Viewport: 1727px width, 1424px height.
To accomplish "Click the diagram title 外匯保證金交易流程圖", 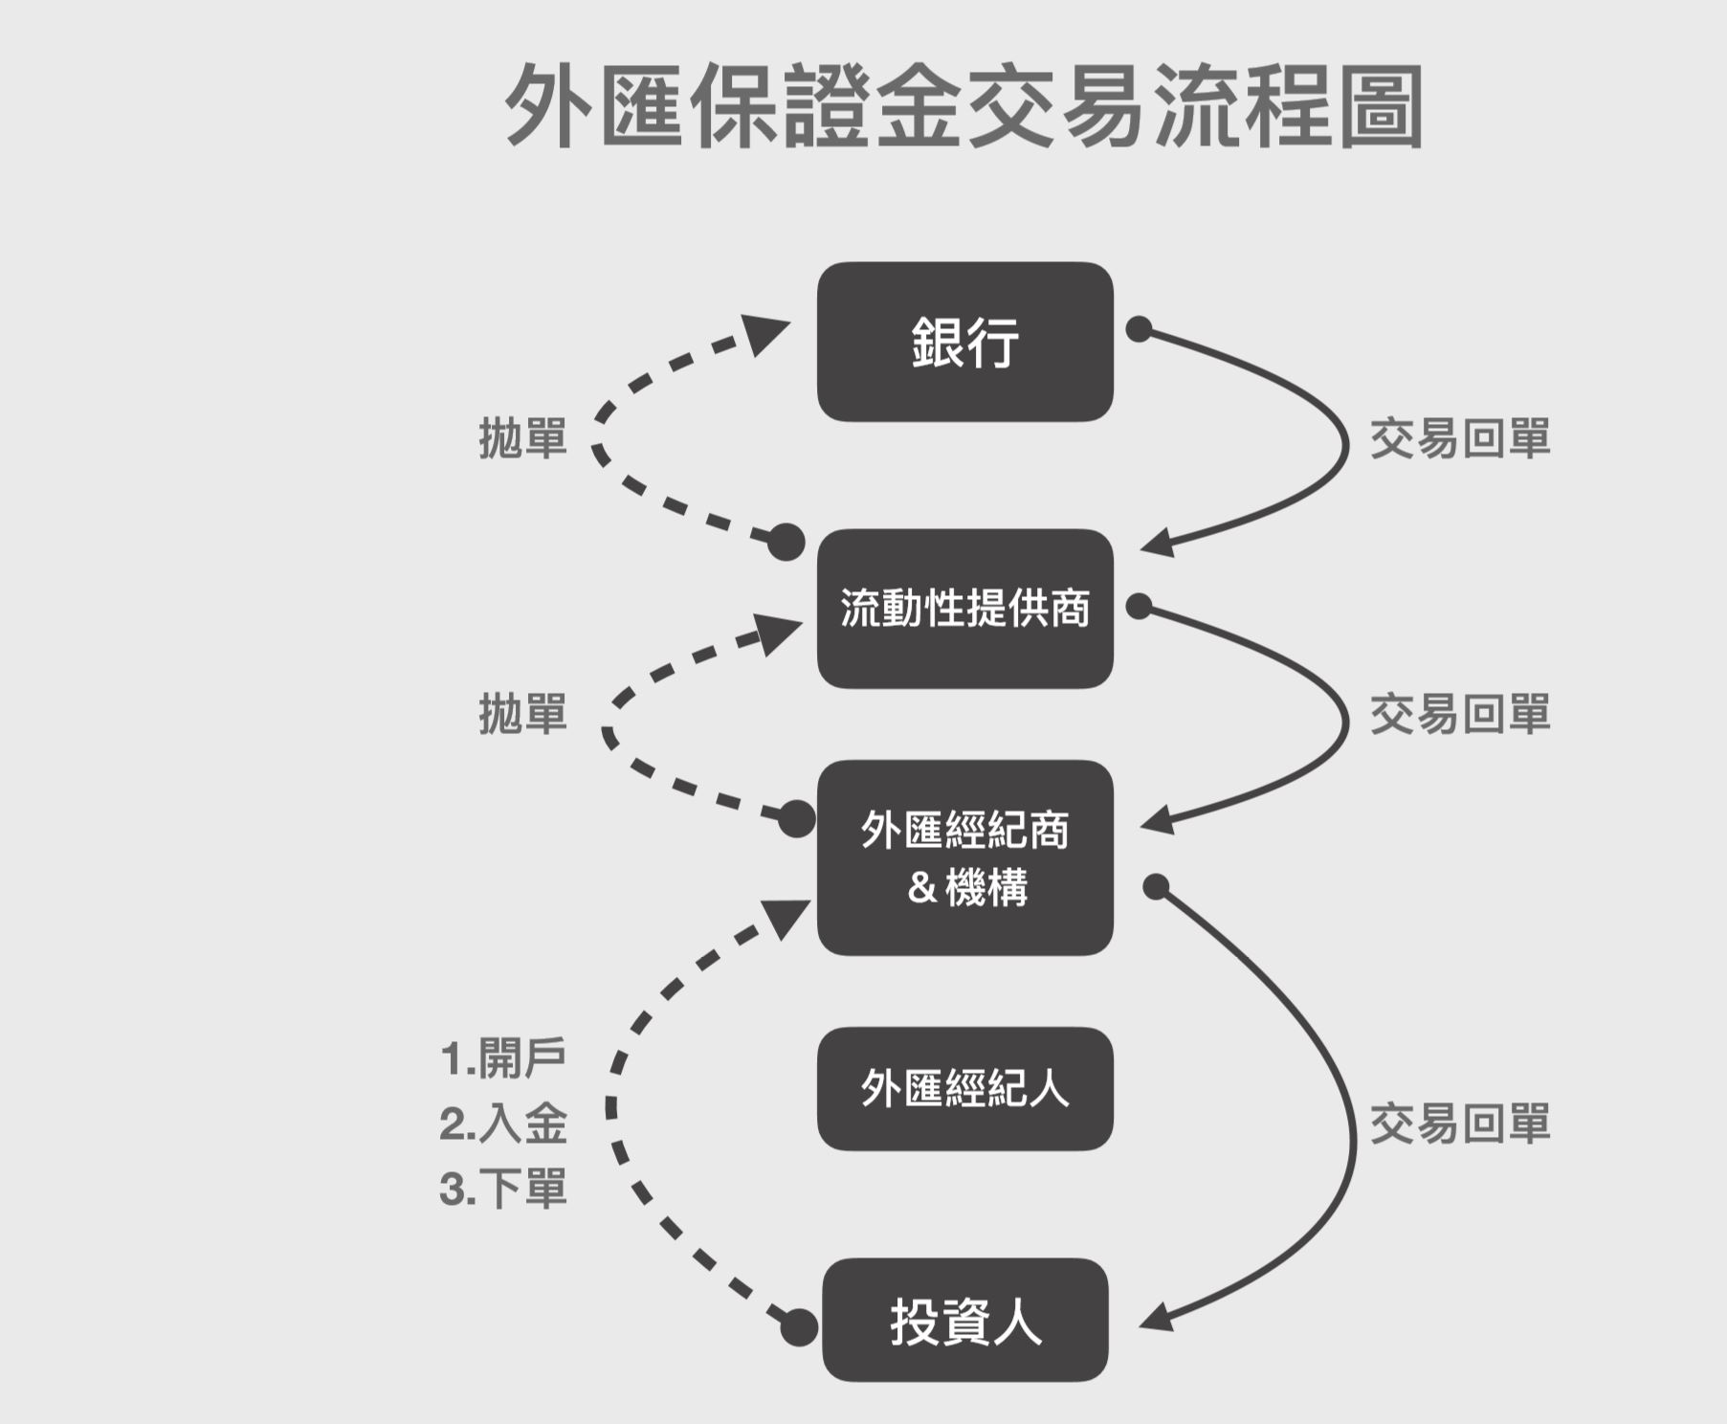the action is click(x=964, y=105).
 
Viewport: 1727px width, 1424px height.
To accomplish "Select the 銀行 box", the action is click(x=964, y=342).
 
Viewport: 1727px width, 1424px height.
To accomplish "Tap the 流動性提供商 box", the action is click(x=964, y=609).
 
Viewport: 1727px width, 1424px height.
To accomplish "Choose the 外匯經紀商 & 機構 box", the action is click(x=964, y=857).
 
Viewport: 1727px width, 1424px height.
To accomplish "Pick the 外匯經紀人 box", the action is click(x=964, y=1089).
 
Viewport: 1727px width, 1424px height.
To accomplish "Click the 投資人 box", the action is click(x=964, y=1321).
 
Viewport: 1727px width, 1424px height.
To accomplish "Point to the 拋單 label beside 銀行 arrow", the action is click(x=523, y=438).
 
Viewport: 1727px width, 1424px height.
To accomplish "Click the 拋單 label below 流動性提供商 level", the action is click(x=523, y=714).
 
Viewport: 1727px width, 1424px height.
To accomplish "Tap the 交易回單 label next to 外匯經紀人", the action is click(x=1460, y=1124).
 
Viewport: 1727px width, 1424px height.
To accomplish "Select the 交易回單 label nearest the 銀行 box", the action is click(x=1460, y=438).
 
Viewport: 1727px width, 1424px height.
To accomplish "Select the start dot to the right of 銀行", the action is click(x=1139, y=329).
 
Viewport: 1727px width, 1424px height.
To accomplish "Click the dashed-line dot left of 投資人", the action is click(x=799, y=1327).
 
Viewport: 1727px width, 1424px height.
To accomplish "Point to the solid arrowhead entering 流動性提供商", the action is click(x=1159, y=543).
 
